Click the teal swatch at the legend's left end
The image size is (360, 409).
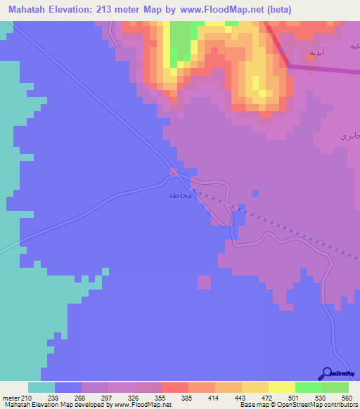[41, 387]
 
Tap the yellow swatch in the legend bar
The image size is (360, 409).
[282, 387]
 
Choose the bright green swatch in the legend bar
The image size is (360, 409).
[309, 387]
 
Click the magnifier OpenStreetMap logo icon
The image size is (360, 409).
[326, 373]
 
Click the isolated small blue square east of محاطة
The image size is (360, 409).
[255, 193]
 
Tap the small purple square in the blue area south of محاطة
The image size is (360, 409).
[204, 282]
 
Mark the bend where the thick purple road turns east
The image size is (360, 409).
[289, 66]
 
